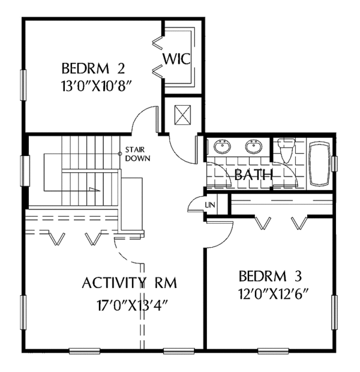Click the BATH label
(x=254, y=175)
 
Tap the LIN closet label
(x=210, y=205)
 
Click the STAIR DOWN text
(x=137, y=154)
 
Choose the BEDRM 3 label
(x=270, y=277)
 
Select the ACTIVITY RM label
(x=130, y=283)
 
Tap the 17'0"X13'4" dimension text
(x=130, y=304)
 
